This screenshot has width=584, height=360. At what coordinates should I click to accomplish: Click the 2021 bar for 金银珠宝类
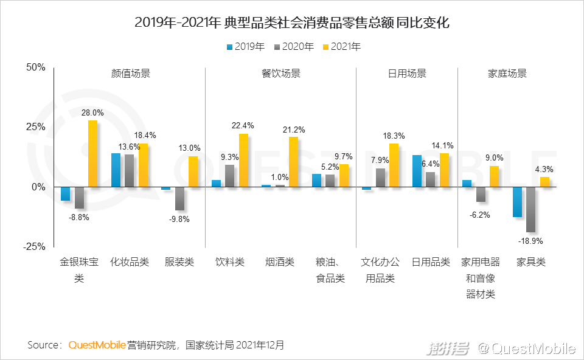click(92, 153)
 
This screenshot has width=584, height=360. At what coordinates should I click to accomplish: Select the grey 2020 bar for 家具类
click(530, 209)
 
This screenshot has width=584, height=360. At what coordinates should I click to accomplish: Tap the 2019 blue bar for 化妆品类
click(116, 170)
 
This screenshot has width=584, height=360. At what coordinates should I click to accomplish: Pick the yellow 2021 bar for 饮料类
click(243, 160)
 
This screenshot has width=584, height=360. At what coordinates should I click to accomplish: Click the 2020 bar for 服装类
click(179, 198)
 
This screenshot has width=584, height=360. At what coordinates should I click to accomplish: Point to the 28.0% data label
click(93, 113)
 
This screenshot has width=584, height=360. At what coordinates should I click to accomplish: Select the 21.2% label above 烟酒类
click(294, 130)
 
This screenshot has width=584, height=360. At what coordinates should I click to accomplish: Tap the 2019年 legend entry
click(245, 47)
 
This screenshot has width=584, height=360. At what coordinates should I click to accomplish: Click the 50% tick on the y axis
click(35, 67)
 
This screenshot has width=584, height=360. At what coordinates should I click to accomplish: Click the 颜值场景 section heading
click(131, 74)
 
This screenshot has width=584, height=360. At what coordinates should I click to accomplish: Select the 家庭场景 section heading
click(507, 74)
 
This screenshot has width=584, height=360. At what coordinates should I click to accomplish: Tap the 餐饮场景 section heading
click(281, 74)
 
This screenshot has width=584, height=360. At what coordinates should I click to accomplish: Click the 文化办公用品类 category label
click(380, 270)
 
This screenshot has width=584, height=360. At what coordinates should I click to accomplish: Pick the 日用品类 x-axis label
click(431, 262)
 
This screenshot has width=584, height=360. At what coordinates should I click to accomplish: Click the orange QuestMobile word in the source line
click(97, 345)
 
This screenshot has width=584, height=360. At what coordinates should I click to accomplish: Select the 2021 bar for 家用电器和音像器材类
click(494, 176)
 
